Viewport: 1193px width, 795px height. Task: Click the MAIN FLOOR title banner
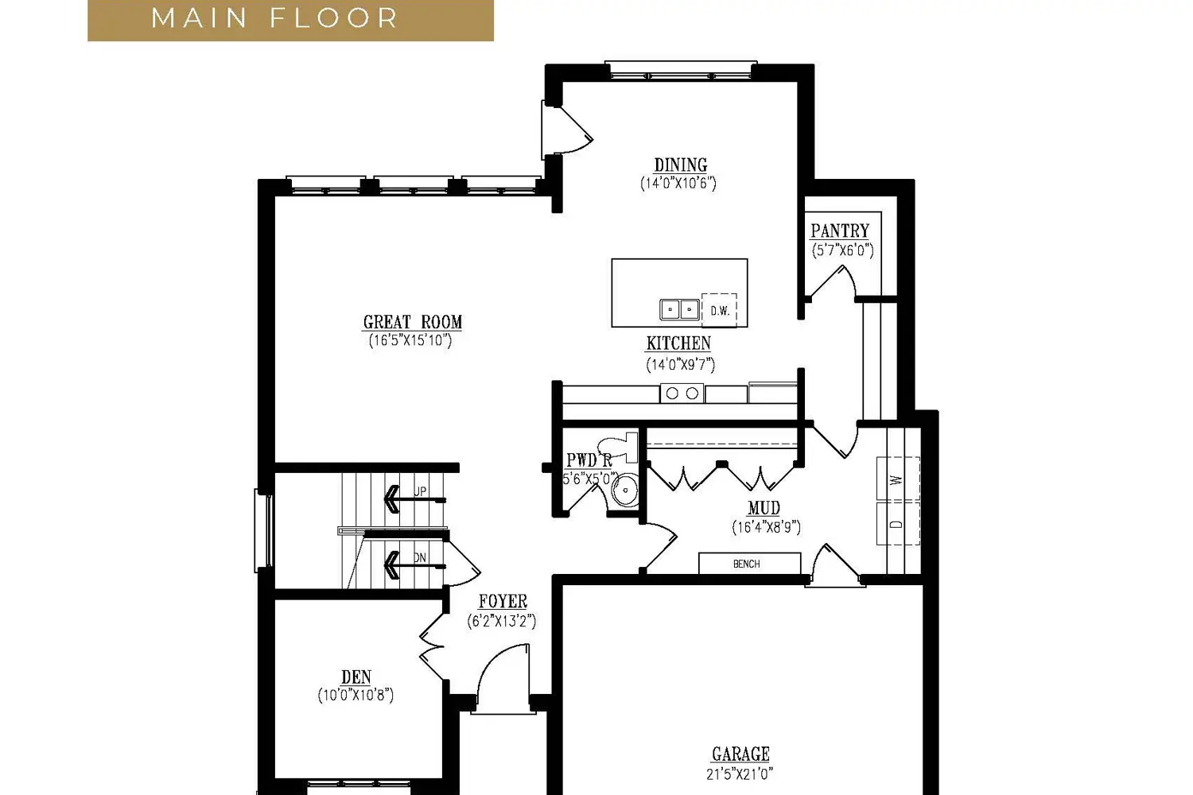(290, 20)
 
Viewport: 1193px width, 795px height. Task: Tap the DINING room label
(681, 165)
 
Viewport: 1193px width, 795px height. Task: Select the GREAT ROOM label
(412, 322)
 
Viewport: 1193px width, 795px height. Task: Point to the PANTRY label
(840, 231)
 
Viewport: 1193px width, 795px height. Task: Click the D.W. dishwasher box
(719, 310)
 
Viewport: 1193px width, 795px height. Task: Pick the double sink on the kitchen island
(679, 309)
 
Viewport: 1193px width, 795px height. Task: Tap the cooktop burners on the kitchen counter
(682, 393)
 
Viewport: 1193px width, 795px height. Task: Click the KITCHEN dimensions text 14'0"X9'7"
(680, 365)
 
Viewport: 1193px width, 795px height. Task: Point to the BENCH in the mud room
(749, 564)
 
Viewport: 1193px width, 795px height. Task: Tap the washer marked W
(897, 479)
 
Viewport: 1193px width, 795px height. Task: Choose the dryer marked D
(897, 523)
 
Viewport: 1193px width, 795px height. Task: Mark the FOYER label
(503, 601)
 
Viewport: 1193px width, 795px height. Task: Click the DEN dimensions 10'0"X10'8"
(356, 695)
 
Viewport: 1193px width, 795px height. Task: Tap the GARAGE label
(740, 754)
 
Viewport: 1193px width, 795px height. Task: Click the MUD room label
(764, 508)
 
